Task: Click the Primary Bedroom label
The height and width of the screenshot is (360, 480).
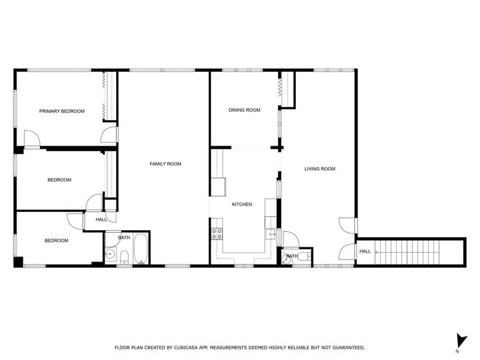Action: pyautogui.click(x=62, y=111)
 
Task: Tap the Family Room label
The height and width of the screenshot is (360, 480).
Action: pyautogui.click(x=166, y=164)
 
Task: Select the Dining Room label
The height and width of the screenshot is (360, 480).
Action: pyautogui.click(x=244, y=110)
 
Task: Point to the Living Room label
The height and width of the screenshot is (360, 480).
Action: pyautogui.click(x=320, y=169)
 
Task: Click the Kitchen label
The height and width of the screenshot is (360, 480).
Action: pyautogui.click(x=241, y=204)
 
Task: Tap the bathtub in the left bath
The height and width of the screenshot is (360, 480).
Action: pyautogui.click(x=141, y=249)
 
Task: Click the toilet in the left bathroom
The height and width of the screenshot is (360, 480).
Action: pyautogui.click(x=123, y=257)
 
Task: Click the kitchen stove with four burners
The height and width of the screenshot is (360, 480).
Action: pyautogui.click(x=217, y=233)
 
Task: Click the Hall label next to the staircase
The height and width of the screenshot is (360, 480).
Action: pyautogui.click(x=365, y=252)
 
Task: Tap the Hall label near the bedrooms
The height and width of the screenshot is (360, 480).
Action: pyautogui.click(x=101, y=219)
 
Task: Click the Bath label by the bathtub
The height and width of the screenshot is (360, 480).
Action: pyautogui.click(x=124, y=238)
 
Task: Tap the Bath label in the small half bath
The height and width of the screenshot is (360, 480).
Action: pyautogui.click(x=292, y=256)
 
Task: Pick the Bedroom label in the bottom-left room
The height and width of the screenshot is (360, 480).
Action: pyautogui.click(x=56, y=241)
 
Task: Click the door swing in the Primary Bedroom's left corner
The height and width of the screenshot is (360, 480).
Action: pyautogui.click(x=32, y=139)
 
